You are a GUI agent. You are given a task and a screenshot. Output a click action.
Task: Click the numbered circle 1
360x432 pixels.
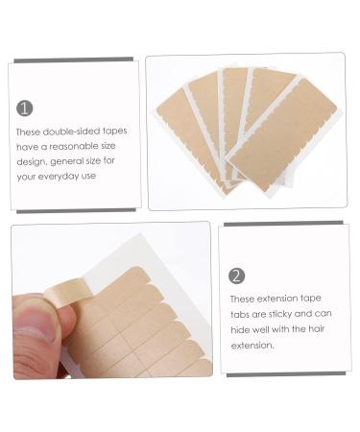tap(25, 108)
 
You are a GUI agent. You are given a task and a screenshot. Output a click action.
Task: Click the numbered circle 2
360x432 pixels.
tap(237, 276)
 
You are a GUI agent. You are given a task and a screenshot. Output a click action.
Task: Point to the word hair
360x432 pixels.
tap(318, 329)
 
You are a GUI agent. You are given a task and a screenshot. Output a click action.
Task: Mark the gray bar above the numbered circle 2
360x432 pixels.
tap(288, 223)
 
